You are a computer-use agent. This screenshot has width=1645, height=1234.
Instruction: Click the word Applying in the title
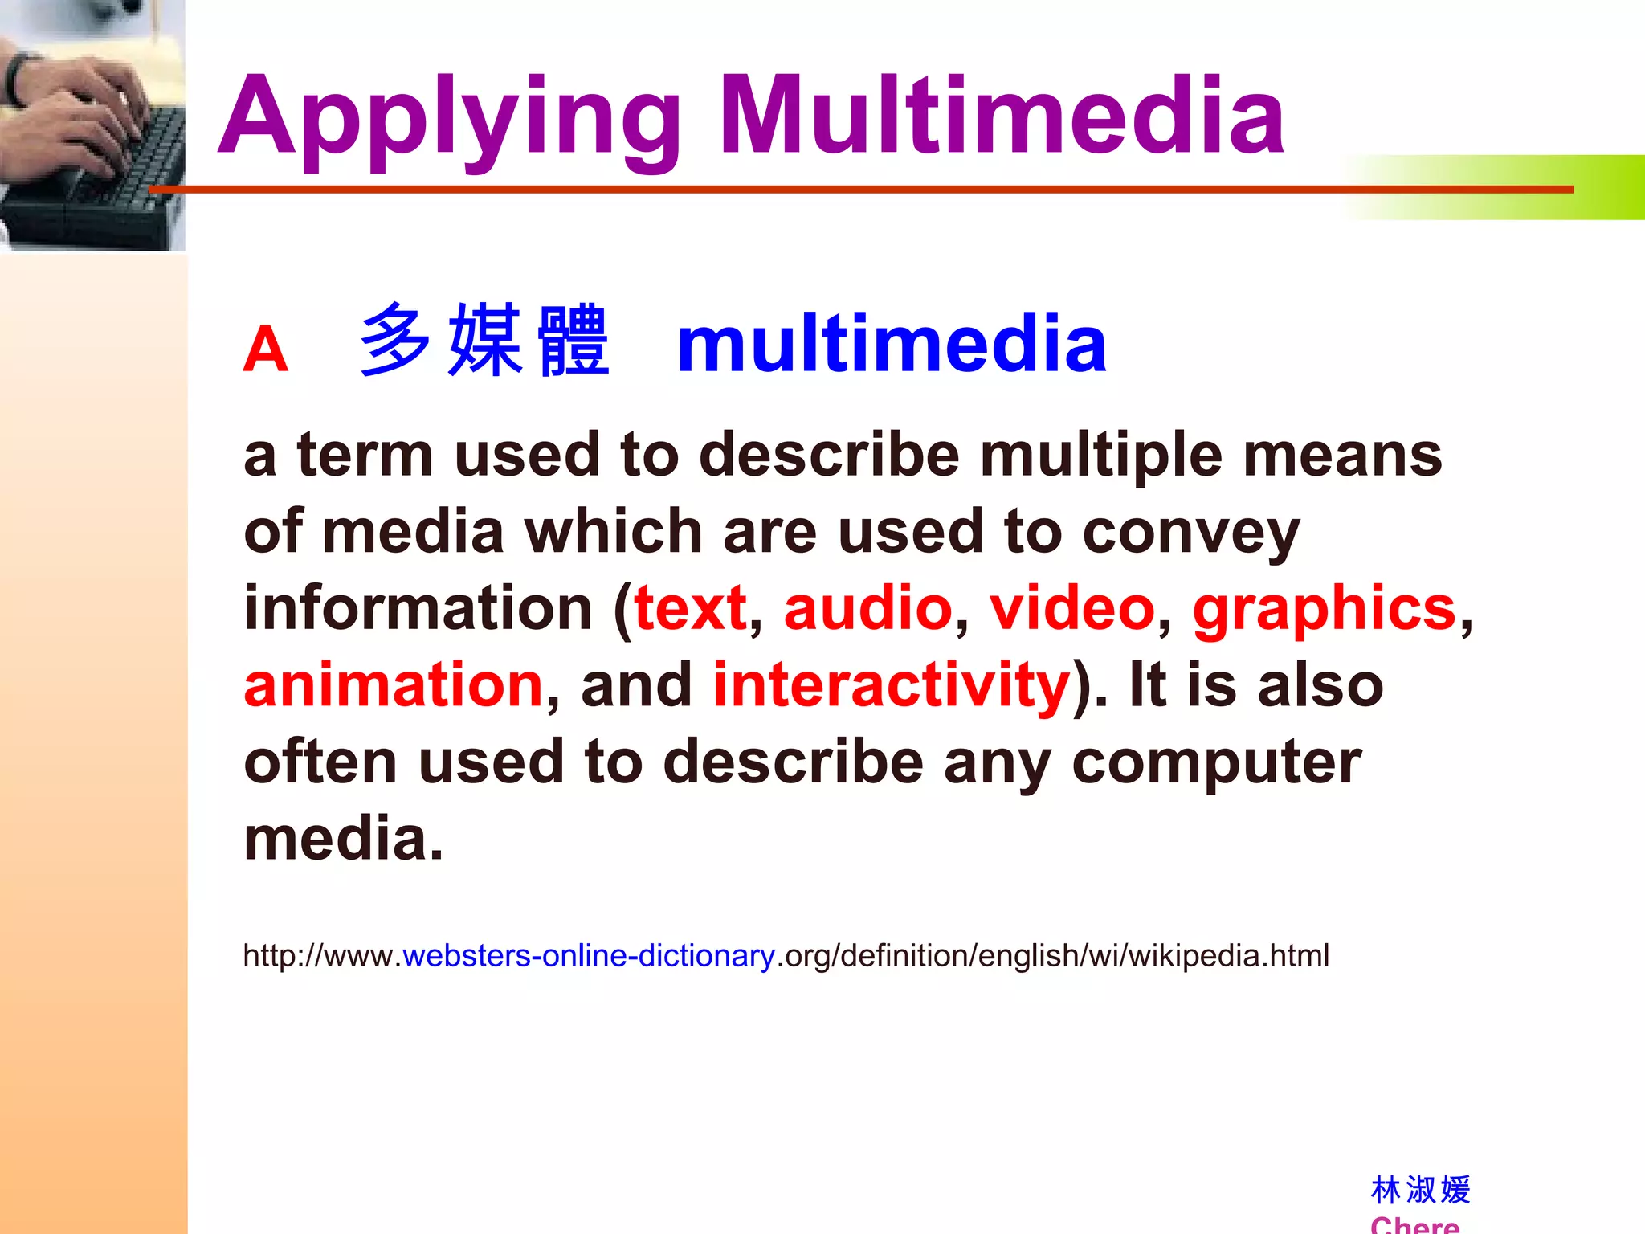[x=450, y=119]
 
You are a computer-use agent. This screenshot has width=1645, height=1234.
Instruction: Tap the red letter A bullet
[x=265, y=350]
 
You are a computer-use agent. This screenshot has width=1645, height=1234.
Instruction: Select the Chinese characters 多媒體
[x=484, y=341]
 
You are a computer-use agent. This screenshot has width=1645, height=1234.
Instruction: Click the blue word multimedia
[x=892, y=344]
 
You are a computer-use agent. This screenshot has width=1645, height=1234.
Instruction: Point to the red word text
[x=690, y=608]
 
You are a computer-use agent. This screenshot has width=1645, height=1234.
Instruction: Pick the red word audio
[x=867, y=608]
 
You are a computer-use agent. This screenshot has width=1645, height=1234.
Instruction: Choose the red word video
[x=1071, y=608]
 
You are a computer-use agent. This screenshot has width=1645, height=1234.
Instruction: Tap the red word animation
[x=394, y=685]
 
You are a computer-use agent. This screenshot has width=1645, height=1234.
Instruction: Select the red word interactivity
[x=892, y=685]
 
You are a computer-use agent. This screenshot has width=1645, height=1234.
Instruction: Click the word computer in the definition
[x=1216, y=763]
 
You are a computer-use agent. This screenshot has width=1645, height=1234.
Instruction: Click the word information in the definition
[x=418, y=608]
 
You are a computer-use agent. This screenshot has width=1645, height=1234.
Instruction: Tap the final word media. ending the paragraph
[x=343, y=839]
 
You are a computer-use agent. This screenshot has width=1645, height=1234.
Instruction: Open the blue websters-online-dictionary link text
[x=589, y=956]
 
